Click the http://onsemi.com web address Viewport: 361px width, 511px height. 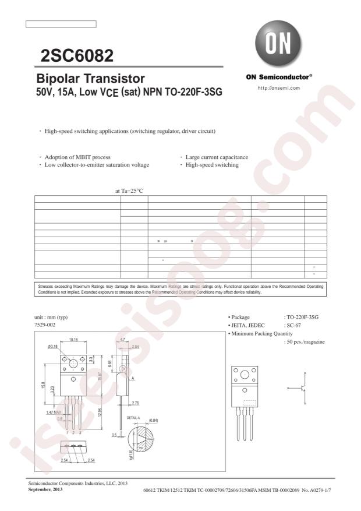278,88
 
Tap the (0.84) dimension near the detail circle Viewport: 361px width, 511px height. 154,420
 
